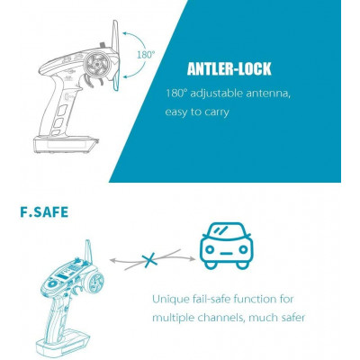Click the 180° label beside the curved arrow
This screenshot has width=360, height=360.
145,55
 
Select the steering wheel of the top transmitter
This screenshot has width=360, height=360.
100,67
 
